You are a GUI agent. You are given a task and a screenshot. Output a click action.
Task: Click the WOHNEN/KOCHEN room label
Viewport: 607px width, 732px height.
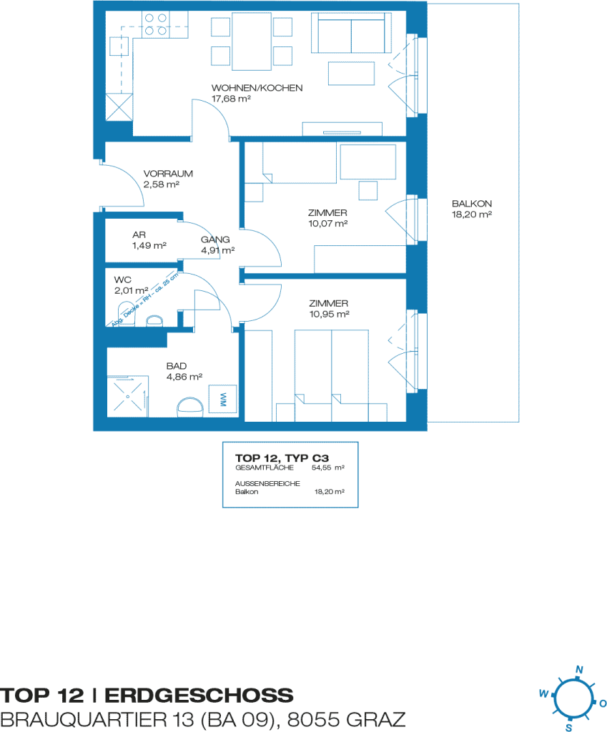coord(257,88)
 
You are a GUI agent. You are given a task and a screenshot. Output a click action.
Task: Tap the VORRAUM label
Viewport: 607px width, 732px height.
coord(168,174)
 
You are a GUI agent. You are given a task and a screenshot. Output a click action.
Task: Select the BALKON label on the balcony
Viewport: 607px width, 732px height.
coord(472,204)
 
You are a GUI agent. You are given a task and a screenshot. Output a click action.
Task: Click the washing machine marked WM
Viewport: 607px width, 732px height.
coord(223,399)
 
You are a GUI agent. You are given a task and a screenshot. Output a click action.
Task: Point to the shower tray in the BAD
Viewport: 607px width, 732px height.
coord(128,397)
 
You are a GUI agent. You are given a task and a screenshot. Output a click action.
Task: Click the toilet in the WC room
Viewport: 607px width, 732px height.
coord(126,314)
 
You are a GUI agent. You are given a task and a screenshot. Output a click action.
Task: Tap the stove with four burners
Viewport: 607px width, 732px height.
coord(155,24)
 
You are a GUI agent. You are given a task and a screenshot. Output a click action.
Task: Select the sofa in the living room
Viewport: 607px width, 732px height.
coord(351,33)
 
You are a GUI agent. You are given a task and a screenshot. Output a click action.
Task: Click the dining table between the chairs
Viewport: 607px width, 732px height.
coord(252,41)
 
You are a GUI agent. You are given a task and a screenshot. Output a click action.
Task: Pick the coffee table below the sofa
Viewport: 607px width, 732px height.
coord(351,74)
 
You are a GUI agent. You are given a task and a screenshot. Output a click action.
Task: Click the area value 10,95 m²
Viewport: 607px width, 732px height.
coord(329,315)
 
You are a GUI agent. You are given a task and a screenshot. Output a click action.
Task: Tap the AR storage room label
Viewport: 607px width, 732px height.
coord(139,234)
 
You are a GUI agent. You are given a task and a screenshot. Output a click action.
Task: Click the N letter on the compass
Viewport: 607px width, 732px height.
coord(579,669)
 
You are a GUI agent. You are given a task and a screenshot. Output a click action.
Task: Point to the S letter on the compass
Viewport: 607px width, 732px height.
coord(568,727)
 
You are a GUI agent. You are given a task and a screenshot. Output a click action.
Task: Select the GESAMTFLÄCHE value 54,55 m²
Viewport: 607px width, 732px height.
coord(327,468)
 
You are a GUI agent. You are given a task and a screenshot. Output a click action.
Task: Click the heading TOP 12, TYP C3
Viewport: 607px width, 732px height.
coord(282,458)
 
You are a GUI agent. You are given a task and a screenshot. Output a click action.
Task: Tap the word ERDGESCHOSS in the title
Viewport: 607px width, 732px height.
coord(199,696)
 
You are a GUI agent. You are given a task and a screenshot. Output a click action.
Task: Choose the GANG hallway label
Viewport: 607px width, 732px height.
coord(215,239)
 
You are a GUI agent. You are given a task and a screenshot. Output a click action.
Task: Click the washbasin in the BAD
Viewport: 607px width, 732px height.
coord(190,407)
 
